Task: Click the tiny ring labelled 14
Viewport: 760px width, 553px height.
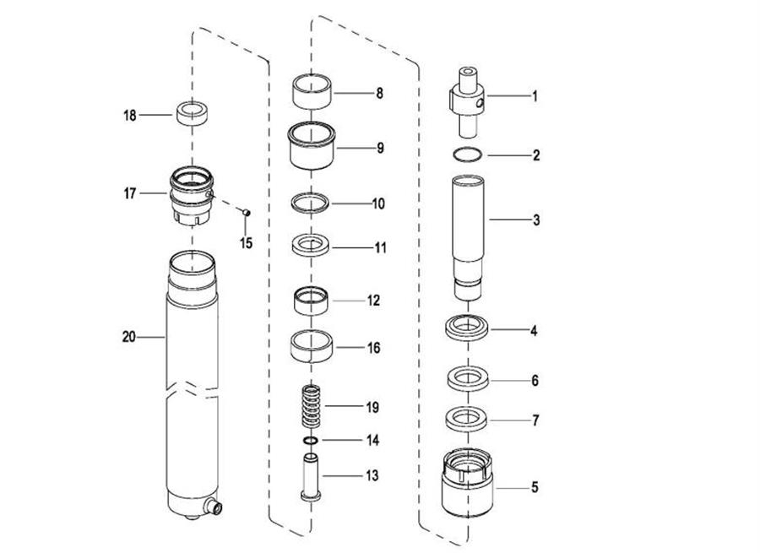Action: [x=311, y=441]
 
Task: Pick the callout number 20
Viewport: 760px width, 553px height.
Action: [x=129, y=337]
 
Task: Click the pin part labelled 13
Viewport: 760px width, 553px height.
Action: [x=310, y=476]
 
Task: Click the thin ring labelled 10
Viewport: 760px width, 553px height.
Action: [x=311, y=203]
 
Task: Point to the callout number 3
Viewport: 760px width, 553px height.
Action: [x=535, y=220]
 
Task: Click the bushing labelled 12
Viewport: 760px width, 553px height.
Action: [x=311, y=300]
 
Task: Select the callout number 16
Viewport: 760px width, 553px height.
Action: [x=372, y=347]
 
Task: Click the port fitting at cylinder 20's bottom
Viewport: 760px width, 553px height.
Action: [x=214, y=508]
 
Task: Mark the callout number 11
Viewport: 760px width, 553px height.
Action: [x=381, y=248]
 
